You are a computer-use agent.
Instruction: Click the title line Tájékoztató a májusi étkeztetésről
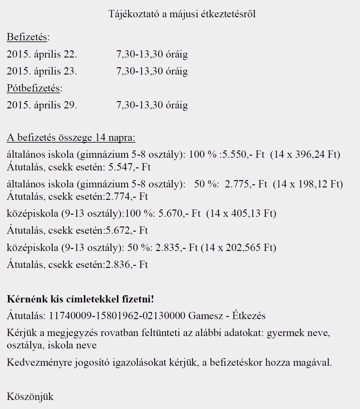182,14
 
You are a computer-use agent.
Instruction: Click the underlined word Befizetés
27,37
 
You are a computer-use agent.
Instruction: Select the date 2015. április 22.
42,54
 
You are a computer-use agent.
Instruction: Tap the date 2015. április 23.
42,71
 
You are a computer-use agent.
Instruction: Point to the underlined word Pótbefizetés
33,88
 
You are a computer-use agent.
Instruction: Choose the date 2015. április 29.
42,105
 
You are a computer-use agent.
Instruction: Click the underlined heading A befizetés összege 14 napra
71,138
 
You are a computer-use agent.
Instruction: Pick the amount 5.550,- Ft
243,155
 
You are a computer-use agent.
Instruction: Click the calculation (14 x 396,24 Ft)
305,155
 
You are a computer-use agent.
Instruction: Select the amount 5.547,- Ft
129,167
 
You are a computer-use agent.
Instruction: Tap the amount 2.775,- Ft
246,184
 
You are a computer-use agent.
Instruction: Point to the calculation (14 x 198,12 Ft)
308,184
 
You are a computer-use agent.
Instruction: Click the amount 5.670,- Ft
179,214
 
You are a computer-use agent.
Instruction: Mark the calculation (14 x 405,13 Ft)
241,214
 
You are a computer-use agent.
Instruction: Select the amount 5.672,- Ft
126,231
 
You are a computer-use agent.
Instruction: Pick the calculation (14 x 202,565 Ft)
238,248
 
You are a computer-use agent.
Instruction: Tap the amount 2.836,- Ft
126,265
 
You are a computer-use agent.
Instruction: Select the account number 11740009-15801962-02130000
117,316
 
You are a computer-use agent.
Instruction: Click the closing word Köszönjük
30,397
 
